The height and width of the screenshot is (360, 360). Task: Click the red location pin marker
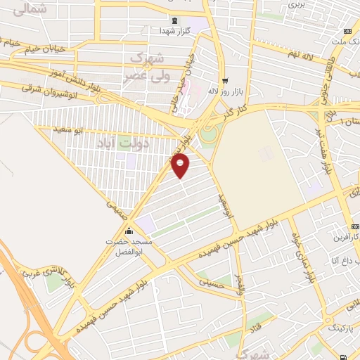181,165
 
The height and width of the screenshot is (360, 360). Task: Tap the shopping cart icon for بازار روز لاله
224,80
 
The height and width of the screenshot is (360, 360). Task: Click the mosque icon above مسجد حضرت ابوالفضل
128,231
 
